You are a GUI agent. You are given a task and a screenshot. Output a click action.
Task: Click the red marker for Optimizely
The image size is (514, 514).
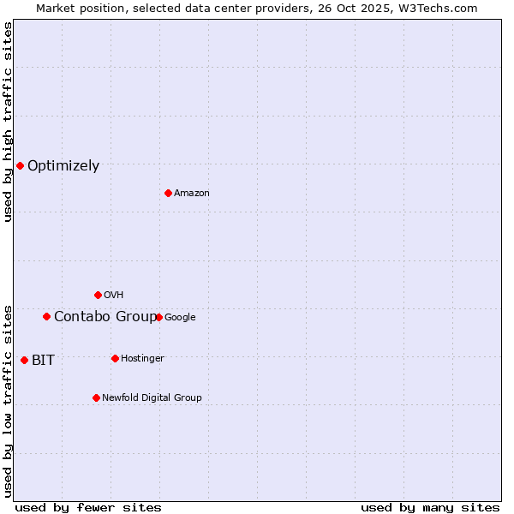20,165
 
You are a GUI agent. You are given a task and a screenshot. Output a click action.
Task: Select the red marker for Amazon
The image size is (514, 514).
168,193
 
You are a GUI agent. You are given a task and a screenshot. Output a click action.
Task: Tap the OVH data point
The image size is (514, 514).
98,295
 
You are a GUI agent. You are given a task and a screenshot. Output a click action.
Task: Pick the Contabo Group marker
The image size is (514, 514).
46,316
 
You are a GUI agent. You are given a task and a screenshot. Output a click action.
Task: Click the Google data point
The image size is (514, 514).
158,317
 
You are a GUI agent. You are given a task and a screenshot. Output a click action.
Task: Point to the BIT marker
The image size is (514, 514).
24,360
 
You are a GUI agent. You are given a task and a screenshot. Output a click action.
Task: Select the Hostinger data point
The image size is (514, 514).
115,358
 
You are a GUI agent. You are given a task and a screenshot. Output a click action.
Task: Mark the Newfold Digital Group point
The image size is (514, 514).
96,397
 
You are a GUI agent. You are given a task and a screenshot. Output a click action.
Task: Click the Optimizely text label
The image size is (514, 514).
63,166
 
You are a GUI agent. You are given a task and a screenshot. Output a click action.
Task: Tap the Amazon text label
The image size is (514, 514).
192,194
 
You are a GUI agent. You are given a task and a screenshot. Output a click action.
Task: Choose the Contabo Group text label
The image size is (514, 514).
105,317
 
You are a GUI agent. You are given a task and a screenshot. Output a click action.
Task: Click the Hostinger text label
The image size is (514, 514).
142,359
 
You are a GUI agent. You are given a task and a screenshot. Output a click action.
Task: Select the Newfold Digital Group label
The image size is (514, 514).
152,398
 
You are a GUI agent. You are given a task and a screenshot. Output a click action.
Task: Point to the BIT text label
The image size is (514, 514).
43,361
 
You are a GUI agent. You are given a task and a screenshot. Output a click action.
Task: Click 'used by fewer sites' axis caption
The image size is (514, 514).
88,507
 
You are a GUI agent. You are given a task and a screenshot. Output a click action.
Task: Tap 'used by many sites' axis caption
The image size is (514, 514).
430,507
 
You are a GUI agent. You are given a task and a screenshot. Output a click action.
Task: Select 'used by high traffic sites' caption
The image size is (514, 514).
8,122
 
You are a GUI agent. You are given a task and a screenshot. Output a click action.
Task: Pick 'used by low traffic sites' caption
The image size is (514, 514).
8,400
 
